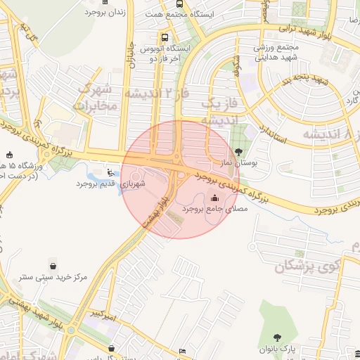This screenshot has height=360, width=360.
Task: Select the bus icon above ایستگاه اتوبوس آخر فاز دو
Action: tap(165, 37)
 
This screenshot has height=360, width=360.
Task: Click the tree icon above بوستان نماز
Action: tap(238, 151)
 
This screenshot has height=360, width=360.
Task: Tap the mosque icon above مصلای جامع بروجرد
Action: tap(214, 199)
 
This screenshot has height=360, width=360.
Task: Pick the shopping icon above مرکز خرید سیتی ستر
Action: tap(53, 265)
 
